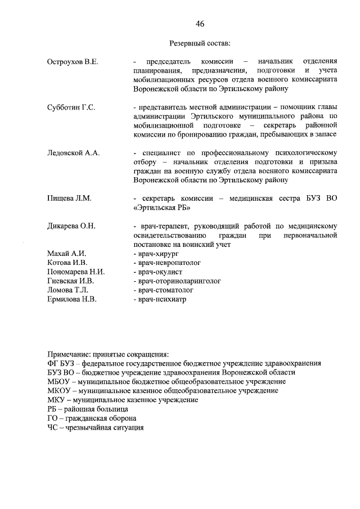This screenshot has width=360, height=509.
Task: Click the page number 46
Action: click(200, 23)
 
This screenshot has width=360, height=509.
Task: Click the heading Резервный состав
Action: click(200, 43)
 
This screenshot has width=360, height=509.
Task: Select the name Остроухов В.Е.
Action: click(74, 61)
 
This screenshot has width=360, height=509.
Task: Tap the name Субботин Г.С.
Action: click(72, 107)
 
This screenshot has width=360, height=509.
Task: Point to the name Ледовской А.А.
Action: click(74, 153)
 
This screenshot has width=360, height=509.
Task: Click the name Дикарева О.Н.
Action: click(73, 226)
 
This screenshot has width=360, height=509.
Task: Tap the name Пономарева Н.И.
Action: click(76, 272)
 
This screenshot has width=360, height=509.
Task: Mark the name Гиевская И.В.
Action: click(71, 281)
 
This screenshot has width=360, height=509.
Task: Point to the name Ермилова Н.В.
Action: click(73, 299)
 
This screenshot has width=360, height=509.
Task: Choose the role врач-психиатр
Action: click(160, 299)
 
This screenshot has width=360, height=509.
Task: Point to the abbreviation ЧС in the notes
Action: click(53, 427)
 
